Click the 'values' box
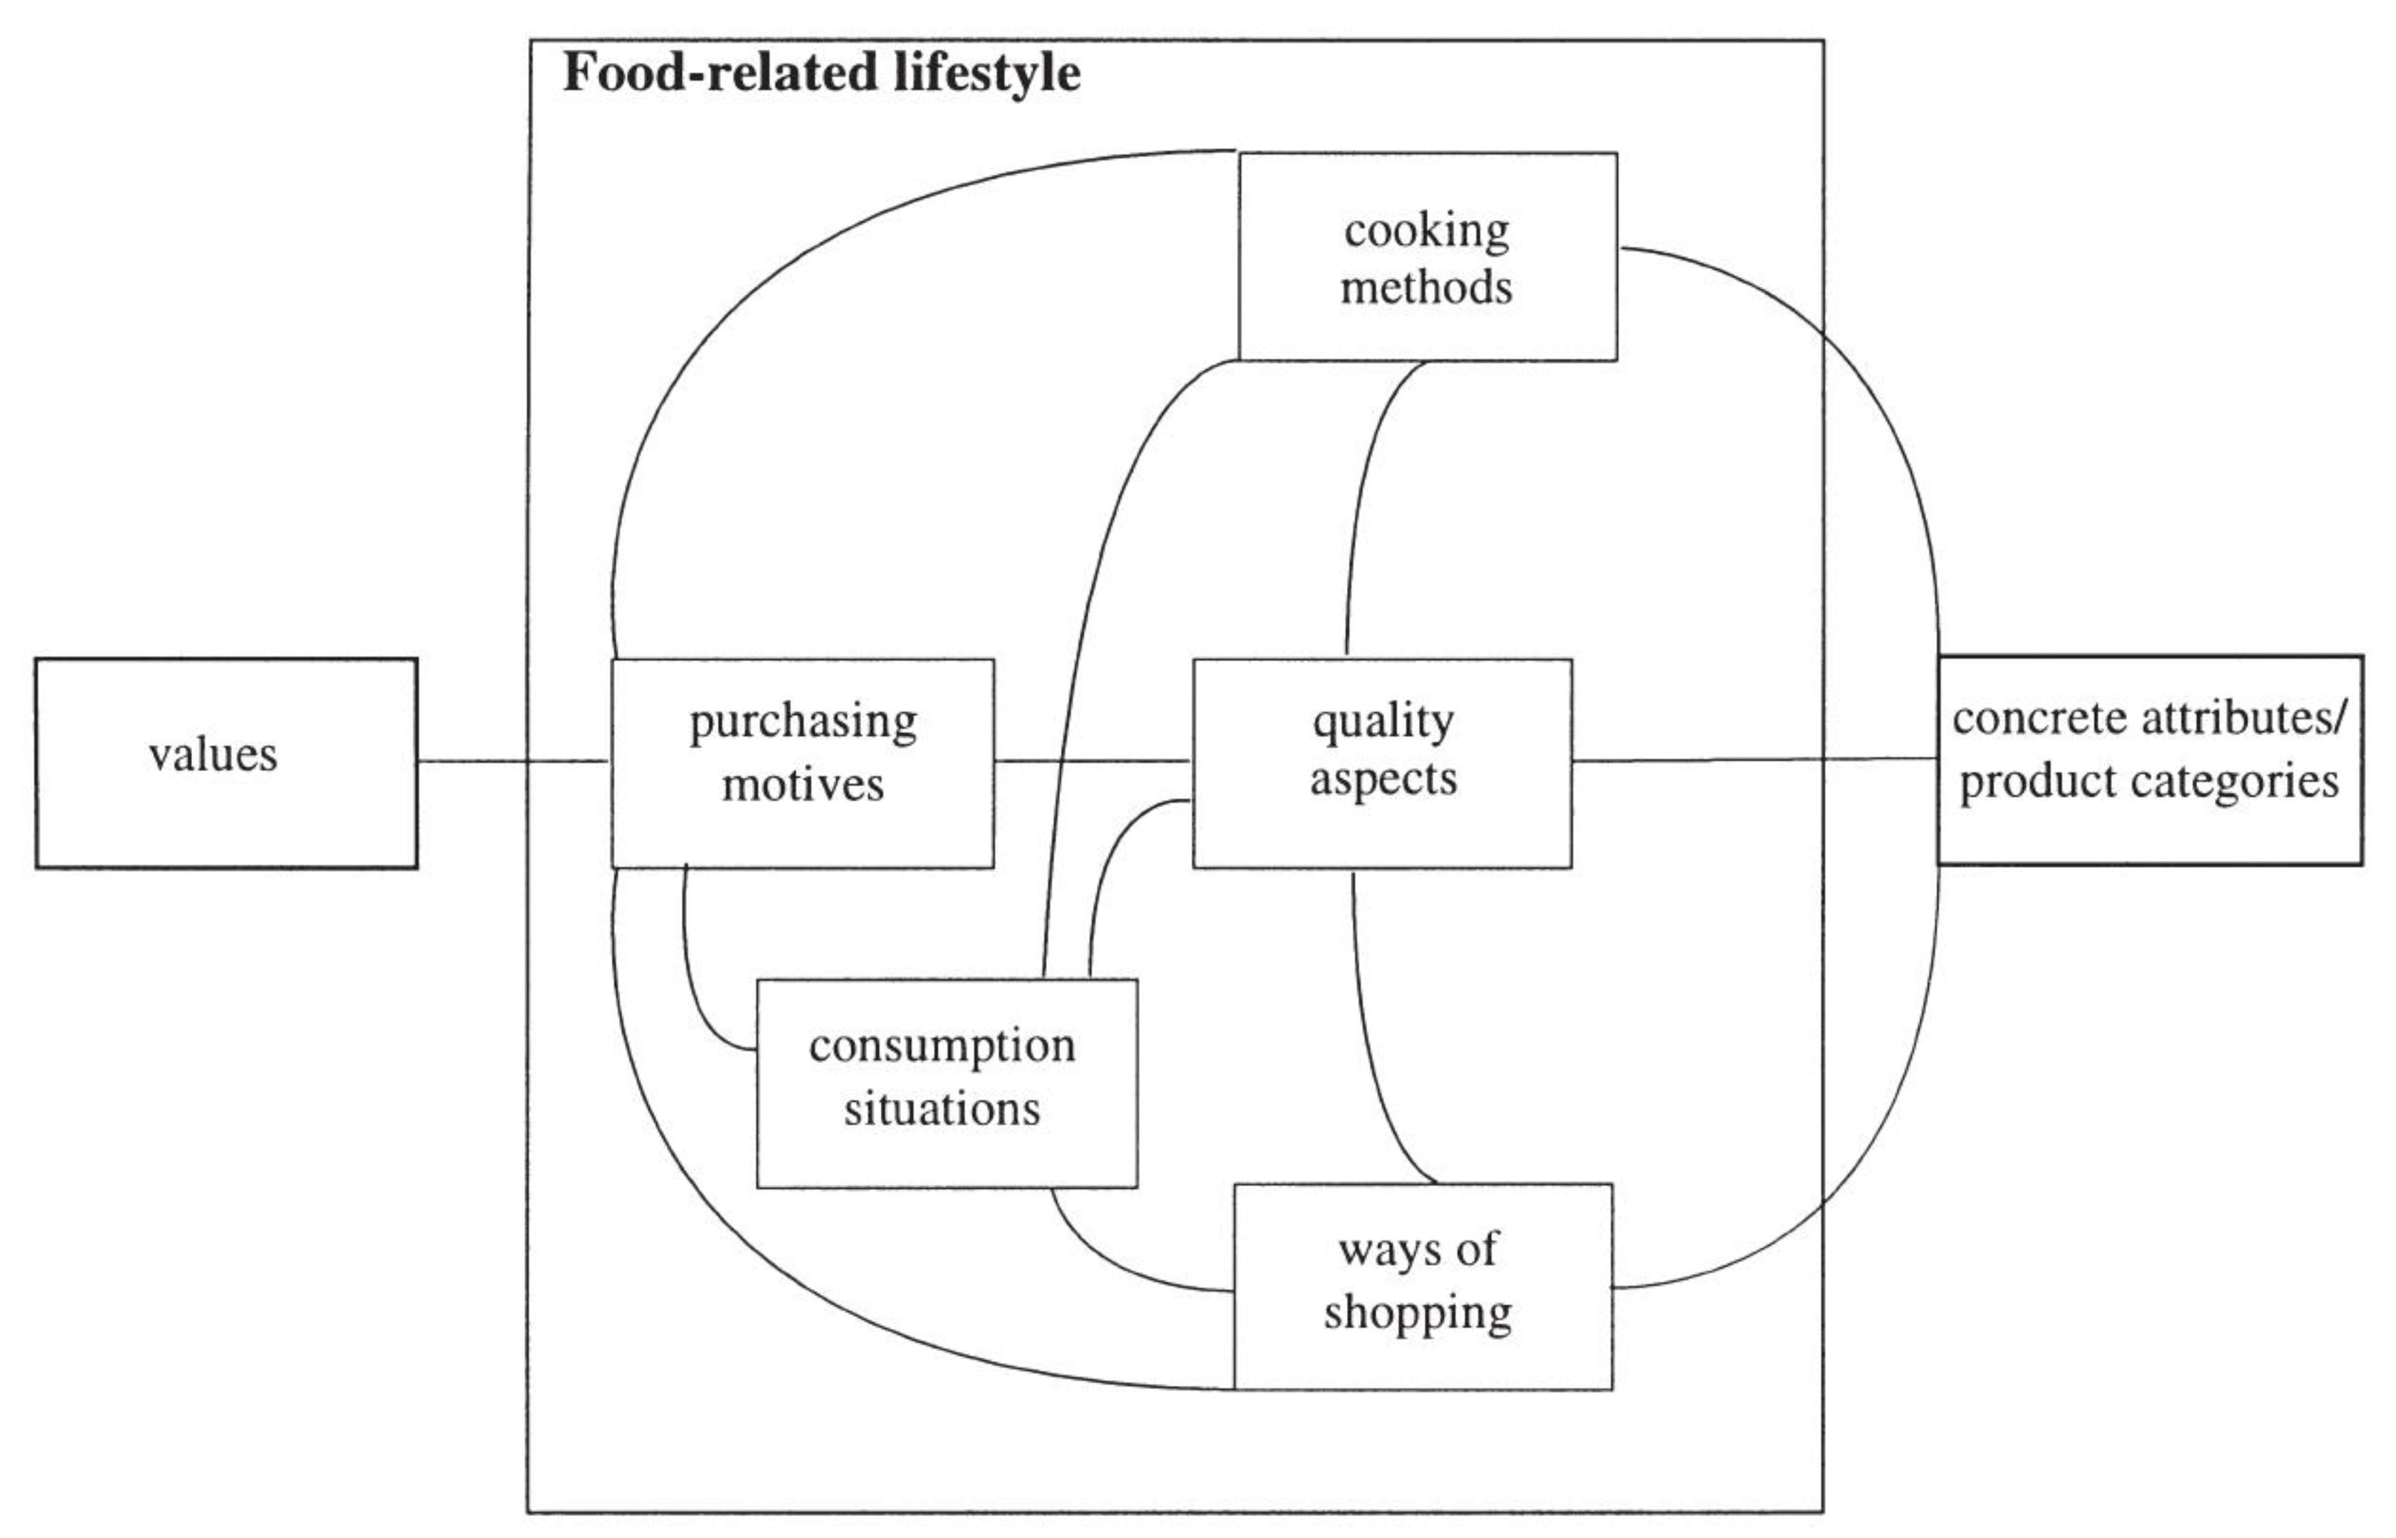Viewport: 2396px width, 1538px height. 226,762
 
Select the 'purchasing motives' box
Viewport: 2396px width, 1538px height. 802,762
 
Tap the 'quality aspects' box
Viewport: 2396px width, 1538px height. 1381,762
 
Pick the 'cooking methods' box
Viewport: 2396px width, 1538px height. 1427,257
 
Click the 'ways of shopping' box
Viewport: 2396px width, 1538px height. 1423,1286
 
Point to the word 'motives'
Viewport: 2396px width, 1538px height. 803,785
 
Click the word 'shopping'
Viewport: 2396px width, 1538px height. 1418,1312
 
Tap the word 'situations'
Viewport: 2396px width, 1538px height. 942,1109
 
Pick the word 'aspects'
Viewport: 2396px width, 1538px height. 1383,780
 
